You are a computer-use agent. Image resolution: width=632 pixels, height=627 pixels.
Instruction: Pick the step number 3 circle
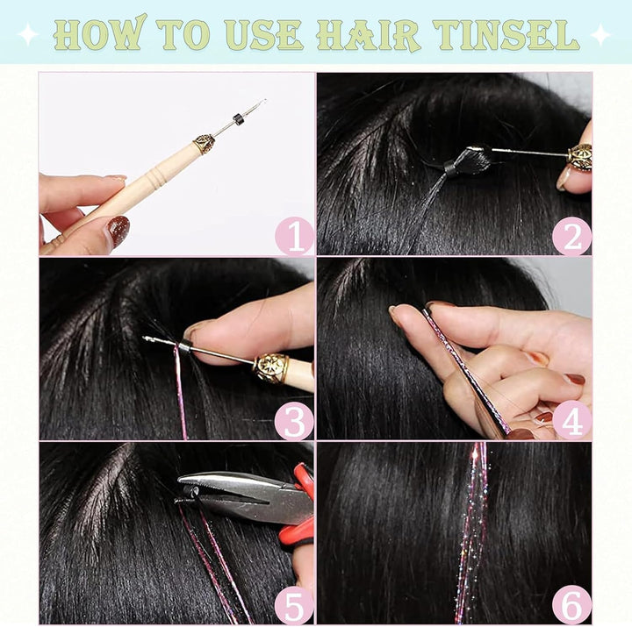[x=294, y=421]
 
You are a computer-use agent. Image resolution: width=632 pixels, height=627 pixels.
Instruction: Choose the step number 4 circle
[x=571, y=421]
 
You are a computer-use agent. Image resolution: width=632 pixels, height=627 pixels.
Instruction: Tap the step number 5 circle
[x=294, y=605]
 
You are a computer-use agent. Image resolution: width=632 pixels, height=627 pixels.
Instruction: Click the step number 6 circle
[x=571, y=605]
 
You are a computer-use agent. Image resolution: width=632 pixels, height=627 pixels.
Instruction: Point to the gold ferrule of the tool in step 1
[x=205, y=143]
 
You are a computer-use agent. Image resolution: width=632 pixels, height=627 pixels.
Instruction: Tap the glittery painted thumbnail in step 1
[x=118, y=231]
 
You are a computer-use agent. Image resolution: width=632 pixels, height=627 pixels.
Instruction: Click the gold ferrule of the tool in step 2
[x=578, y=157]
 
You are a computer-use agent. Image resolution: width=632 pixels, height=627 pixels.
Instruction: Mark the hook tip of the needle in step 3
[x=147, y=338]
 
